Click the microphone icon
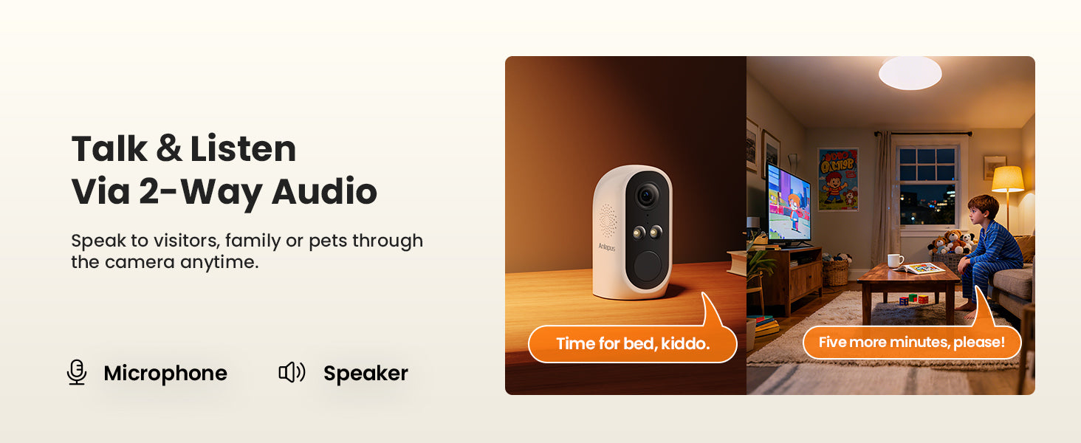click(77, 372)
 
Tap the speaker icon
click(292, 372)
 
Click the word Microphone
click(165, 373)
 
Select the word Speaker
click(366, 374)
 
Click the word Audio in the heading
click(324, 191)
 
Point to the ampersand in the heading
click(169, 148)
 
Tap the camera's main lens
click(646, 196)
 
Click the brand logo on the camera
click(607, 247)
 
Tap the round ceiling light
click(910, 73)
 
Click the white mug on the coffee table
click(895, 261)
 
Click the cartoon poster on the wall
click(838, 179)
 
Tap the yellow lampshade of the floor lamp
click(1008, 179)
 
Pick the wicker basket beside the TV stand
click(835, 272)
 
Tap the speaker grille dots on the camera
click(608, 220)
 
